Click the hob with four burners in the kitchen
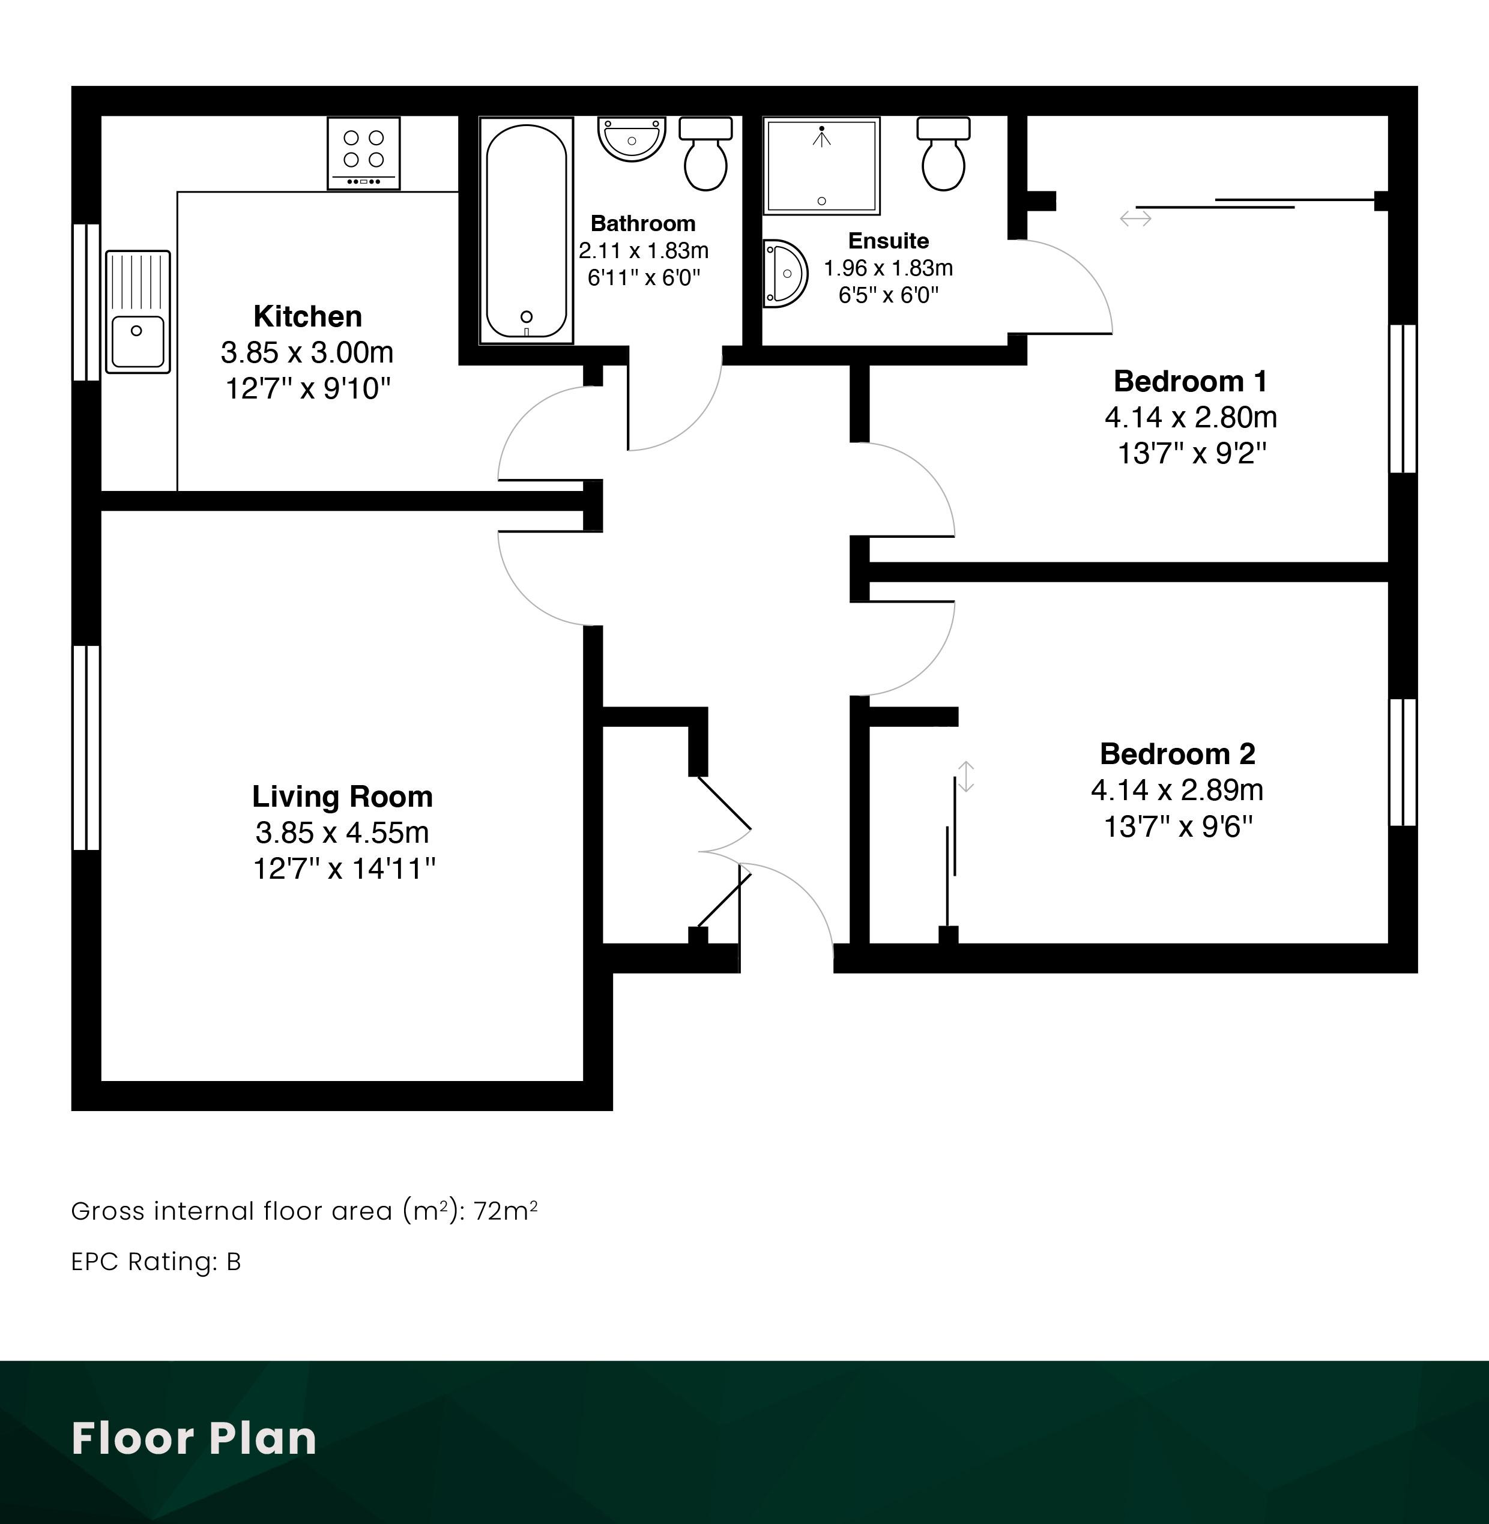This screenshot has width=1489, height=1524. pyautogui.click(x=364, y=153)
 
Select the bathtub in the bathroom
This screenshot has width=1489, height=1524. pyautogui.click(x=527, y=230)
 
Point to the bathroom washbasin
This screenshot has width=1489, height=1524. pyautogui.click(x=632, y=139)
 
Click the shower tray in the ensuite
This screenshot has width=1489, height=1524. pyautogui.click(x=822, y=166)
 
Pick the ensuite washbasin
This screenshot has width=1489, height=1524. pyautogui.click(x=784, y=273)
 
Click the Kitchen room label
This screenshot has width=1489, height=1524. pyautogui.click(x=308, y=316)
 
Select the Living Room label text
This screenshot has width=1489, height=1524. pyautogui.click(x=343, y=796)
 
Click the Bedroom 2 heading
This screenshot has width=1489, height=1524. pyautogui.click(x=1178, y=754)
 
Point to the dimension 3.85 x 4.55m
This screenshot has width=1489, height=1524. pyautogui.click(x=343, y=832)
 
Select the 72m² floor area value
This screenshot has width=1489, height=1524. pyautogui.click(x=505, y=1211)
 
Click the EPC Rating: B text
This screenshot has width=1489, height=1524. pyautogui.click(x=157, y=1261)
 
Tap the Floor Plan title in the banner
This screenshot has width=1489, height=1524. pyautogui.click(x=194, y=1437)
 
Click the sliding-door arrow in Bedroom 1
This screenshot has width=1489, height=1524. pyautogui.click(x=1135, y=218)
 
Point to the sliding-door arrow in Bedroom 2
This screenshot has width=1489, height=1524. pyautogui.click(x=966, y=777)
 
